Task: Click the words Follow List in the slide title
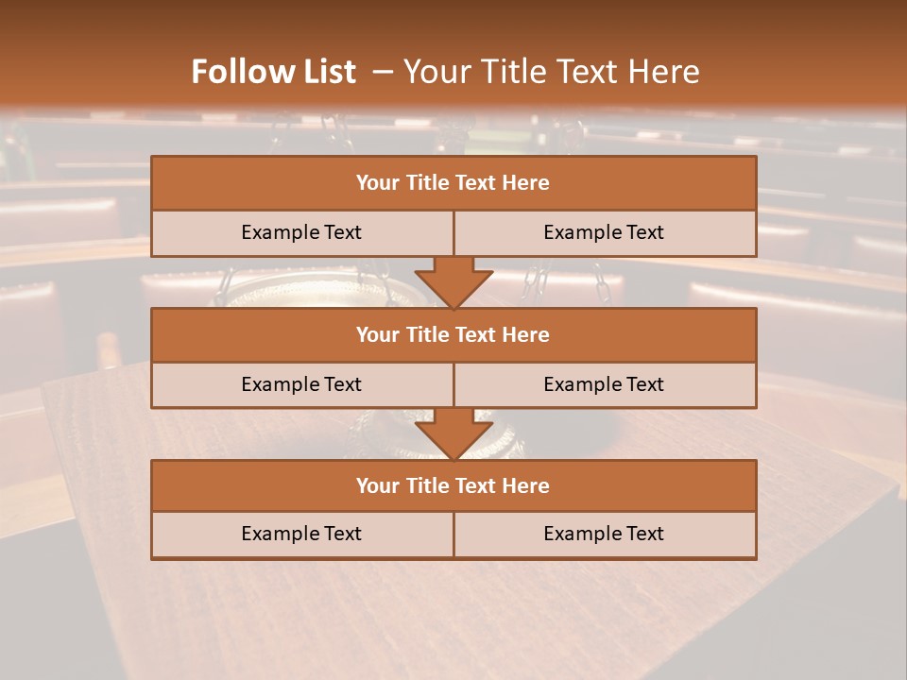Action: pos(273,72)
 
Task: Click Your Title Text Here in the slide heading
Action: pos(552,72)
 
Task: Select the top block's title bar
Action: pos(453,183)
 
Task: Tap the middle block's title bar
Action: pos(453,334)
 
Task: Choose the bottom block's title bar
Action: pos(453,485)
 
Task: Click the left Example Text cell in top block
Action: pos(301,232)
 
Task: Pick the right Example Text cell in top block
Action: pos(604,232)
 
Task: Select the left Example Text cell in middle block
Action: pos(301,384)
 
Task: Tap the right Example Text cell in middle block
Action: pos(604,384)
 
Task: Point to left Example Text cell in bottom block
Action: pos(301,534)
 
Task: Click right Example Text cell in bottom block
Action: pos(604,534)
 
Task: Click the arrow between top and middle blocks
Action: pos(453,281)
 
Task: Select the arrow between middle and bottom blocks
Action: pos(453,433)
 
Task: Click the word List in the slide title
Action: pos(326,72)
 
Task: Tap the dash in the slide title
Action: pos(382,72)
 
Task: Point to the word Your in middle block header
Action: pos(377,334)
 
